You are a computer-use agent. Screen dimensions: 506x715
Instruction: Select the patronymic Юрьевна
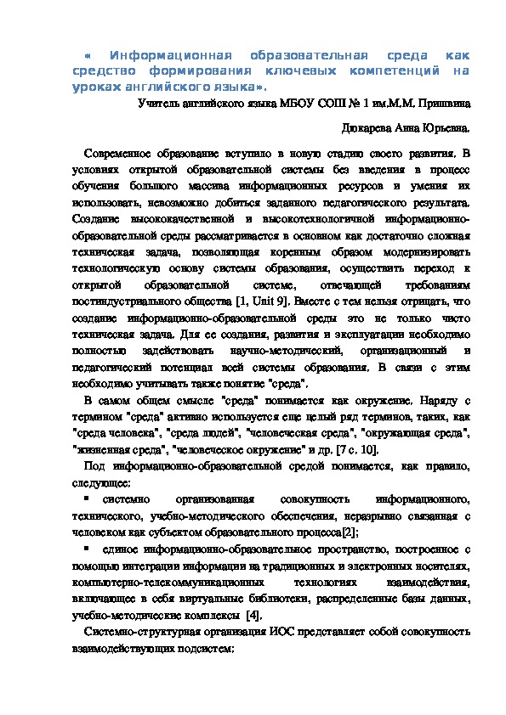pyautogui.click(x=439, y=128)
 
